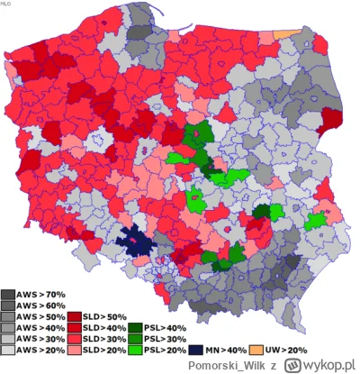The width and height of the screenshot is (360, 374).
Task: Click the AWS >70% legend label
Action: (x=40, y=295)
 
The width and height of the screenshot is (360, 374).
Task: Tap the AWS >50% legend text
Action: (x=40, y=316)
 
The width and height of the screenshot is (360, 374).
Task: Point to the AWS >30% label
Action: (x=40, y=338)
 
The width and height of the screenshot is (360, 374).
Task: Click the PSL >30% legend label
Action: (x=166, y=338)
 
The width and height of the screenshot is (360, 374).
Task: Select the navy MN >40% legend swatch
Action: (x=196, y=349)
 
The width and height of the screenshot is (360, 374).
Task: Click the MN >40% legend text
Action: (x=225, y=349)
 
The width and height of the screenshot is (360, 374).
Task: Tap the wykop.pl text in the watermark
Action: (x=328, y=364)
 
